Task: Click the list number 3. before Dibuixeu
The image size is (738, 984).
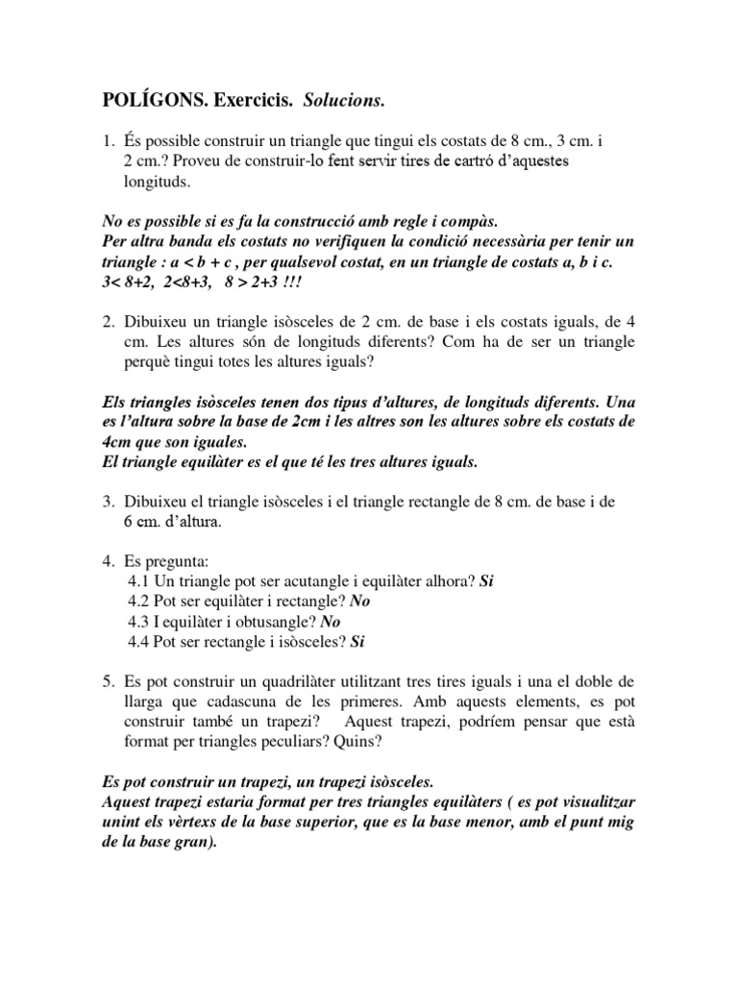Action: (x=109, y=503)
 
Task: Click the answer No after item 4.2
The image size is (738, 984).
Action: (x=360, y=601)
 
